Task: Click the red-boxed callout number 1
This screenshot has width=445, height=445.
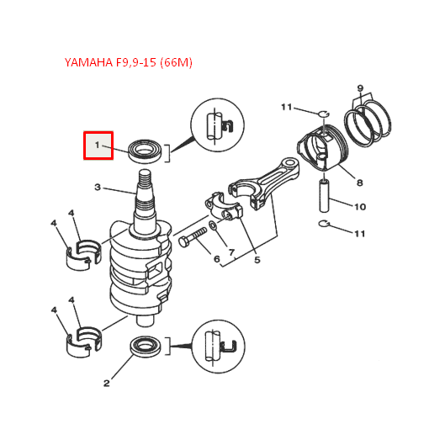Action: [97, 146]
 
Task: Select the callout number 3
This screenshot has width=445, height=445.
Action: [97, 187]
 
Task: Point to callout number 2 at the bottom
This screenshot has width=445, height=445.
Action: [106, 384]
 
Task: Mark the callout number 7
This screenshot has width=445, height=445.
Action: [230, 252]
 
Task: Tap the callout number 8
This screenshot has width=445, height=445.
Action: [359, 183]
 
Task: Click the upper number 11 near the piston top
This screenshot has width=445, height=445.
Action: [286, 107]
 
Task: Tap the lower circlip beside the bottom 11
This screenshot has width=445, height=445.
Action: [329, 223]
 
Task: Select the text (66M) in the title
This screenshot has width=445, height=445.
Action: [177, 63]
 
